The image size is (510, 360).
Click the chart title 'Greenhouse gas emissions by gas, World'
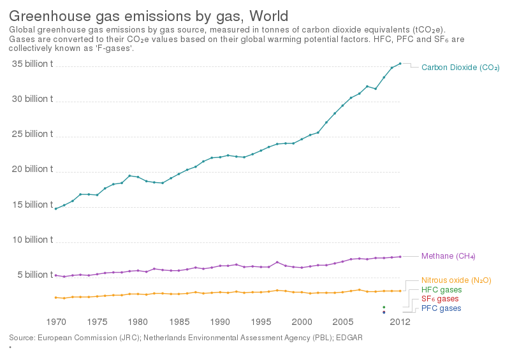tap(148, 15)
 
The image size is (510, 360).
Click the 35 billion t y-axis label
tap(31, 64)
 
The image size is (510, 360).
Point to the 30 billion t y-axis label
tap(31, 99)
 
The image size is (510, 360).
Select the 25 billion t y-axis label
tap(31, 134)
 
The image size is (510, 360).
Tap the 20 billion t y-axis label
tap(31, 169)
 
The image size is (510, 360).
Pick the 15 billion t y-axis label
tap(31, 205)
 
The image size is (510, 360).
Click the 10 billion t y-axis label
tap(31, 240)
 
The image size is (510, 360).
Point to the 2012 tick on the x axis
tap(400, 322)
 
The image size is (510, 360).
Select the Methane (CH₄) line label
tap(448, 256)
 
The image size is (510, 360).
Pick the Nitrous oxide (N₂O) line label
tap(456, 280)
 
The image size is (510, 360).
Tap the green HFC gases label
tap(441, 290)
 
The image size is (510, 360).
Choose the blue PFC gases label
tap(441, 308)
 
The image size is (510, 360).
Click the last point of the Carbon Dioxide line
tap(400, 63)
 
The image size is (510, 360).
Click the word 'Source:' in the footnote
tap(21, 337)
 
